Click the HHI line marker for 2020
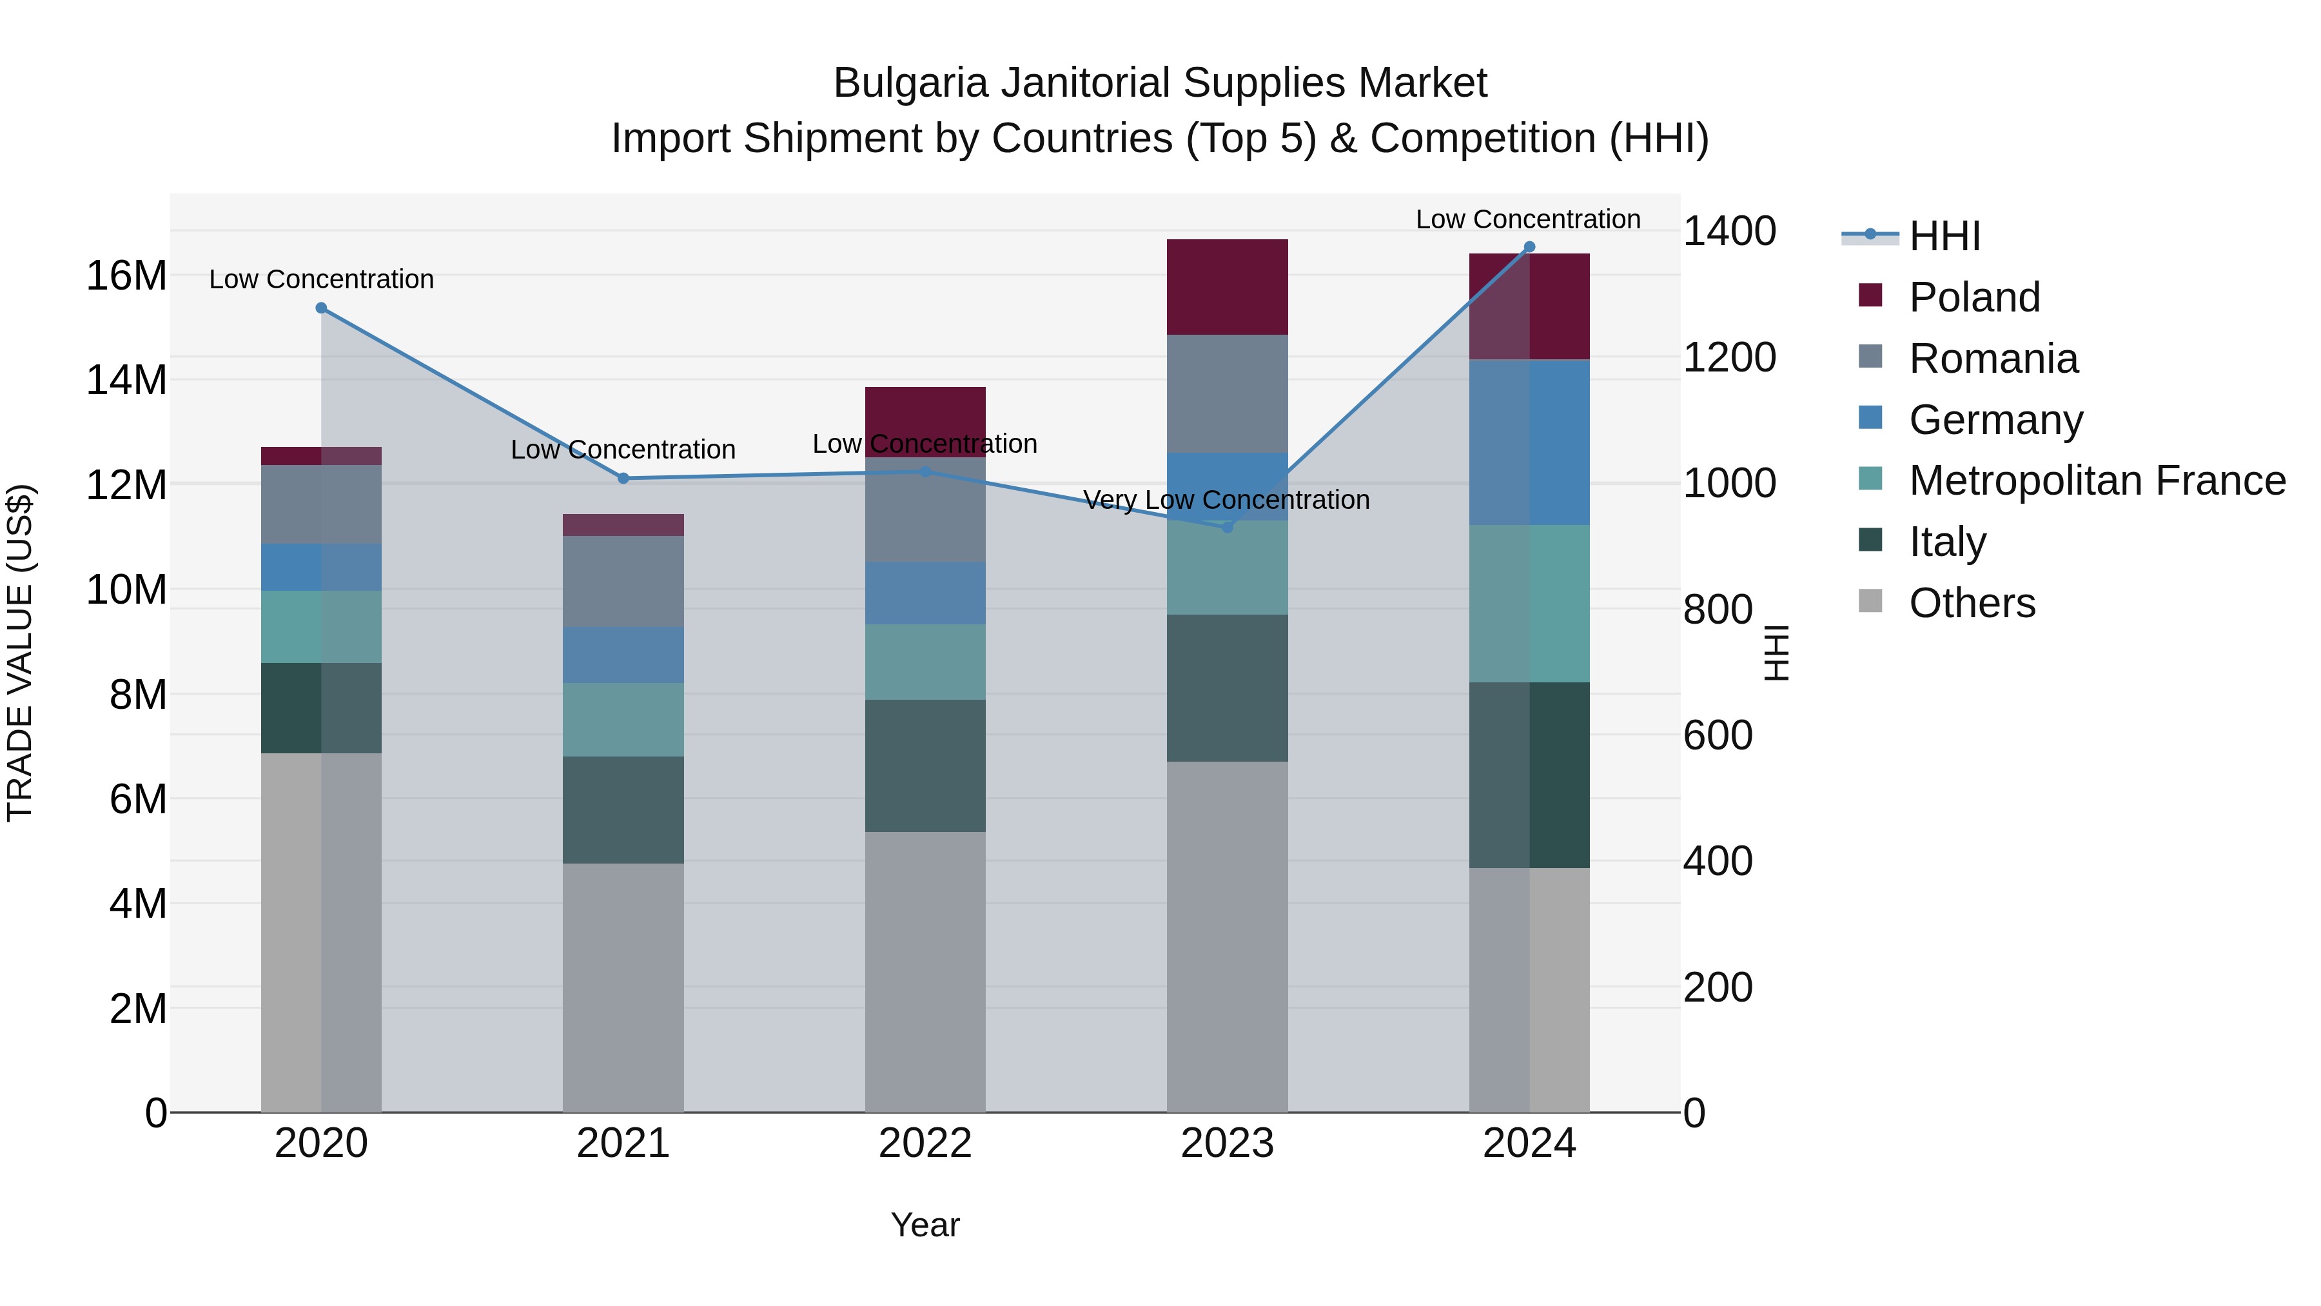point(321,308)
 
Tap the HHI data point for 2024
point(1529,247)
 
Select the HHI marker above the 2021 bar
point(623,479)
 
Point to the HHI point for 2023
point(1227,528)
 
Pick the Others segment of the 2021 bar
point(623,987)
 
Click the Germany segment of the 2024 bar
point(1529,442)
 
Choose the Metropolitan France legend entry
point(2097,480)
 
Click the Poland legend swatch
point(1870,295)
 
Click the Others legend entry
point(1972,603)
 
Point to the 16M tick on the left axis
point(126,276)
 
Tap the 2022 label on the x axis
point(925,1143)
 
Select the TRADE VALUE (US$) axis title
point(20,653)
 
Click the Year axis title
point(925,1225)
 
